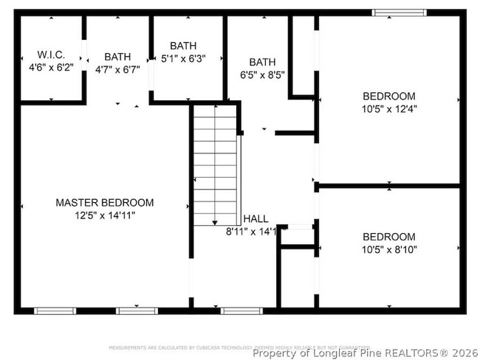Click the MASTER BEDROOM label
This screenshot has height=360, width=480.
point(105,203)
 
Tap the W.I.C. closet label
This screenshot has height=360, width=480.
point(51,55)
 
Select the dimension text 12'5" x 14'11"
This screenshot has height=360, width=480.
point(105,215)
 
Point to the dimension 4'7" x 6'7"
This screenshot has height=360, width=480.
point(117,69)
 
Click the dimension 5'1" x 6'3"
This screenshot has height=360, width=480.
point(183,58)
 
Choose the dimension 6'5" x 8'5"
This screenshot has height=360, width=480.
point(262,75)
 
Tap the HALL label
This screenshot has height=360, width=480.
point(256,219)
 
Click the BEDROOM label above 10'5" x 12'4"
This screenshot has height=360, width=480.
point(388,96)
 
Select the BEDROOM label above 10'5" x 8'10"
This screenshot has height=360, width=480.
point(388,237)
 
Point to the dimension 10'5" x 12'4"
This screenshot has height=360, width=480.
point(388,109)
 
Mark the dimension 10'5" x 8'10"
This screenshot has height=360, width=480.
point(388,249)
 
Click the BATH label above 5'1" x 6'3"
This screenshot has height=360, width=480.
point(183,46)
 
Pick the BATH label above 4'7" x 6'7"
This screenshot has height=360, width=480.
point(117,57)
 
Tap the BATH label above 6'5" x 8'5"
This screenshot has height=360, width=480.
point(262,62)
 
